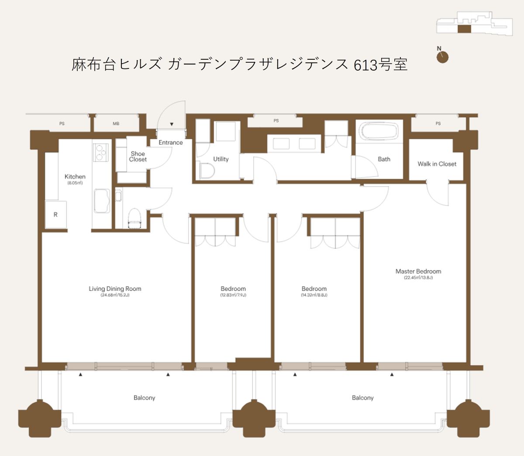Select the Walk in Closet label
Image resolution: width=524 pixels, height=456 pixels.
coord(437,164)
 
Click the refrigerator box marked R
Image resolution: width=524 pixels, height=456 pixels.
coord(56,214)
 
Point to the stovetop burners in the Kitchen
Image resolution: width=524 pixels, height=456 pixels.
coord(100,152)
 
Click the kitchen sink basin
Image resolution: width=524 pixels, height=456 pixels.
coord(102,201)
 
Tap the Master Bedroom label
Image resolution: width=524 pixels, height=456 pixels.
coord(418,271)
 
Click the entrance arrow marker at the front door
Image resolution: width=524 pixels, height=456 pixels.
coord(172,124)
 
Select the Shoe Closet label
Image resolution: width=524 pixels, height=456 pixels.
coord(138,157)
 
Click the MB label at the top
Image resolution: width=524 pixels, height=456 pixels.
coord(116,124)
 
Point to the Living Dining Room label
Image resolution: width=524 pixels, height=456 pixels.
coord(115,289)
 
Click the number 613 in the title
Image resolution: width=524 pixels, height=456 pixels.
coord(365,65)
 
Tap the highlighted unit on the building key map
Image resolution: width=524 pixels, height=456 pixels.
coord(464,29)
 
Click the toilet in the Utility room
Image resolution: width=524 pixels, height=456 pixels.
coord(207,171)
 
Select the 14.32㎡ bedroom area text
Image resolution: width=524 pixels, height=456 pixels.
coord(314,295)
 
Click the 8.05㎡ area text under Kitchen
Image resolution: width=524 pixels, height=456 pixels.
coord(75,183)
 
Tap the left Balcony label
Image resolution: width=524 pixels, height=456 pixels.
coord(145,398)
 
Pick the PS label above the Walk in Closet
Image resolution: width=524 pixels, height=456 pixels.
coord(438,123)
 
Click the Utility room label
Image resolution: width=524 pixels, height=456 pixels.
coord(221,159)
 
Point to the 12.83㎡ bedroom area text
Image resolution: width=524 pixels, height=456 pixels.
coord(233,295)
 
